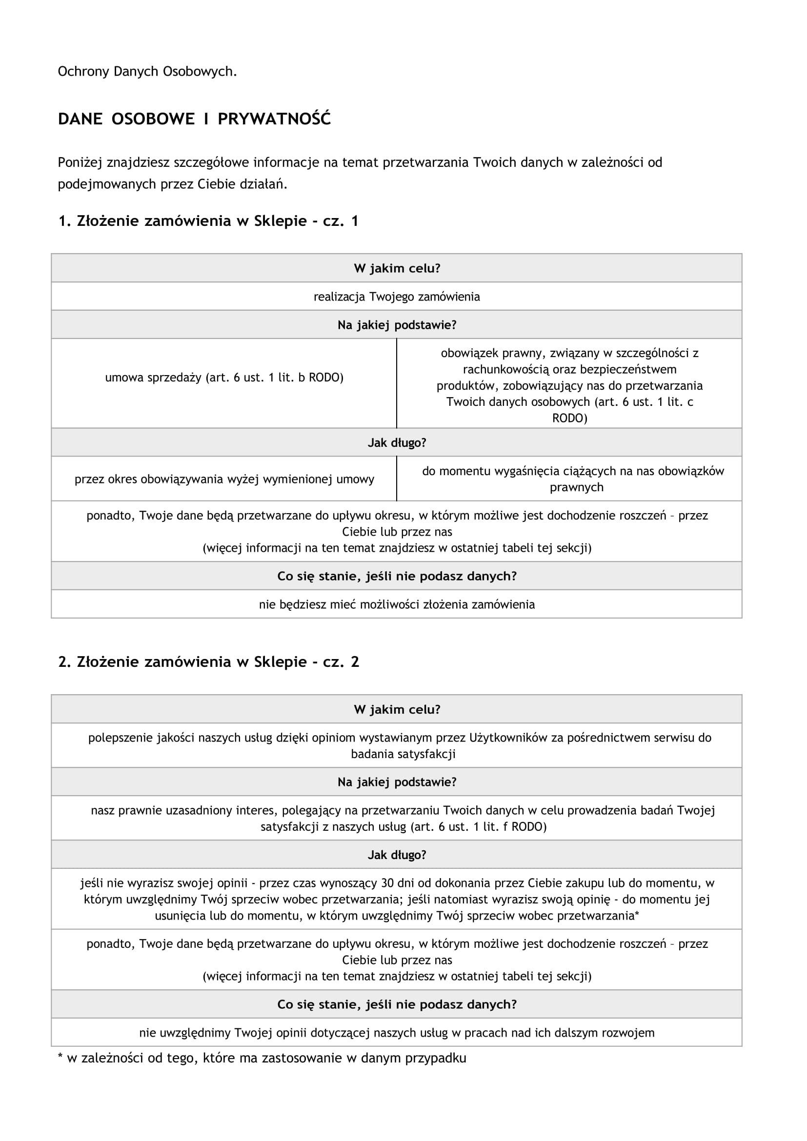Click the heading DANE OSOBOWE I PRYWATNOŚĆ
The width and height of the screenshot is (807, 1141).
click(194, 119)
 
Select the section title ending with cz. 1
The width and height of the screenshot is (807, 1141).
click(208, 220)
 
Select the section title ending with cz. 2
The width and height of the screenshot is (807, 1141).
click(208, 661)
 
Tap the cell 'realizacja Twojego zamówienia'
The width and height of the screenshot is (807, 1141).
click(397, 297)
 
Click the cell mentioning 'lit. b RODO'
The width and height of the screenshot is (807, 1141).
click(224, 378)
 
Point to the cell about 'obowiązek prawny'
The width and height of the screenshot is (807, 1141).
click(569, 385)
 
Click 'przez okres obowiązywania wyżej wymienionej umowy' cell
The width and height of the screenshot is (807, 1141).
click(224, 479)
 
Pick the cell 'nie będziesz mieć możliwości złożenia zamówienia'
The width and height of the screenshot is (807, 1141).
click(397, 604)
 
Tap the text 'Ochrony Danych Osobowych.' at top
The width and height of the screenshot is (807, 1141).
click(147, 72)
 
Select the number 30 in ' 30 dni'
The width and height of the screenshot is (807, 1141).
click(387, 883)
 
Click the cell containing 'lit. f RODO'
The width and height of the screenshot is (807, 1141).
click(403, 819)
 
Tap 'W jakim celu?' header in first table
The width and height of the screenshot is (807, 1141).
click(397, 268)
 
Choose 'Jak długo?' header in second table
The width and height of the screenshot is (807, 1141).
click(397, 855)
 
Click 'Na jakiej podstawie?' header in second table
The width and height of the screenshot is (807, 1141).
click(397, 781)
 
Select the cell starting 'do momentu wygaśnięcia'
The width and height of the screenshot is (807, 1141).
click(572, 479)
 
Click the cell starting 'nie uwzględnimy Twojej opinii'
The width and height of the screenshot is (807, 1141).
click(397, 1033)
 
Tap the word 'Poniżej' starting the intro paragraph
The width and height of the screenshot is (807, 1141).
click(80, 162)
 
